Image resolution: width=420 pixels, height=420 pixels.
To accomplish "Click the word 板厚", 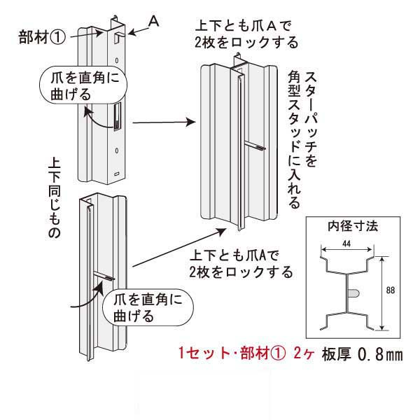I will (x=334, y=354).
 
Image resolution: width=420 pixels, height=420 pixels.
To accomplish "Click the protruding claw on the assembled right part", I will (x=258, y=146).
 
